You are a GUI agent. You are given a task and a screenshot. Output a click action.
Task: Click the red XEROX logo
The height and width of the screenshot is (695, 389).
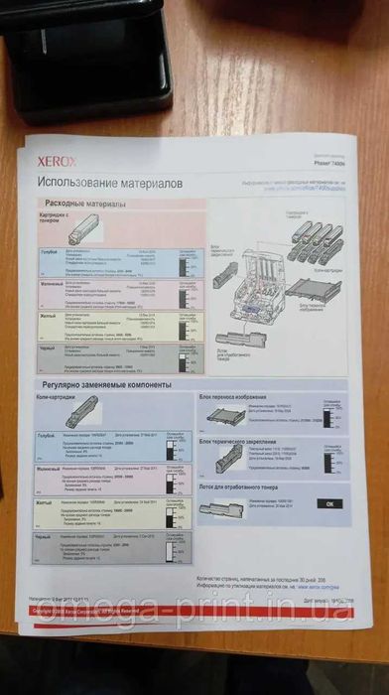[x=57, y=159]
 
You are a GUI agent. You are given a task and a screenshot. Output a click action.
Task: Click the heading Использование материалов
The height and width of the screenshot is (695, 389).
[x=109, y=182]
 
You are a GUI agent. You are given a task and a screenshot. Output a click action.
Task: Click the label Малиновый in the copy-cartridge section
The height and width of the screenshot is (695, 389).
[x=49, y=467]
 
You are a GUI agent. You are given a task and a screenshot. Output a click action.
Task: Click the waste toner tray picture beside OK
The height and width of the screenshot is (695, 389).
[x=222, y=508]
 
